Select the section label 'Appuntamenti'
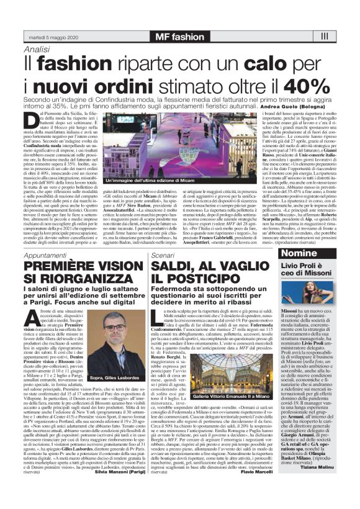(45, 255)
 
